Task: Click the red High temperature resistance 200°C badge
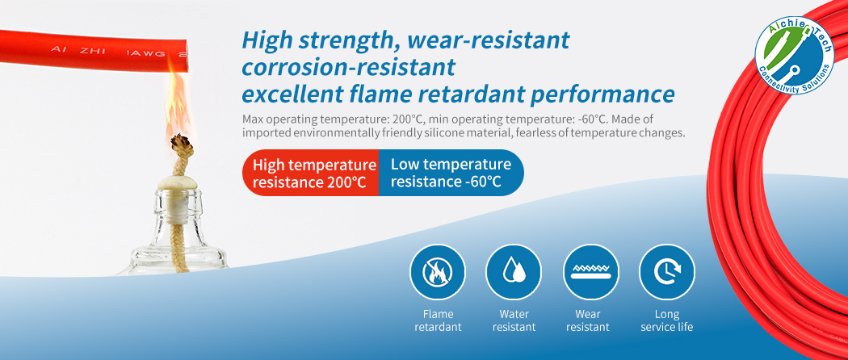point(312,173)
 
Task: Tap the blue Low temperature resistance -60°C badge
point(450,173)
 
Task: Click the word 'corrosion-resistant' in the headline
point(349,66)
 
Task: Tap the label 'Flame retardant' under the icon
point(438,320)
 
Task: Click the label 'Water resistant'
point(514,320)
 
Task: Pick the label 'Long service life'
point(667,320)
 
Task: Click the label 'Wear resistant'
point(590,320)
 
